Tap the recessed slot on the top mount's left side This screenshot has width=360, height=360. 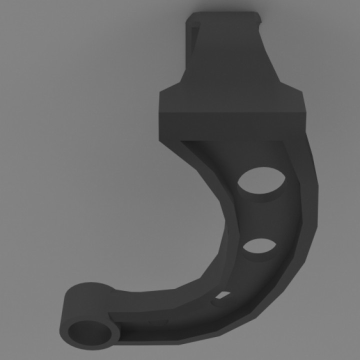pos(193,40)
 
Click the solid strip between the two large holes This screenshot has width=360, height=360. pos(262,215)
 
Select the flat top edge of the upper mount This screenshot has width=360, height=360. pos(225,13)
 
